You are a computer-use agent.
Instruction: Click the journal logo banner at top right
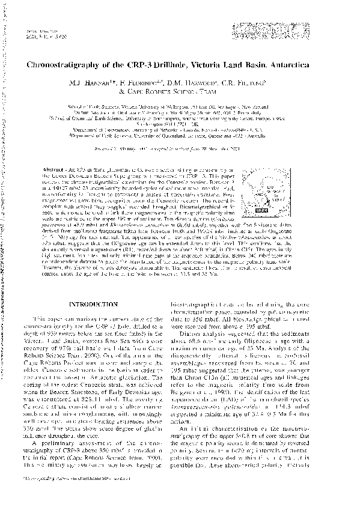(x=301, y=32)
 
